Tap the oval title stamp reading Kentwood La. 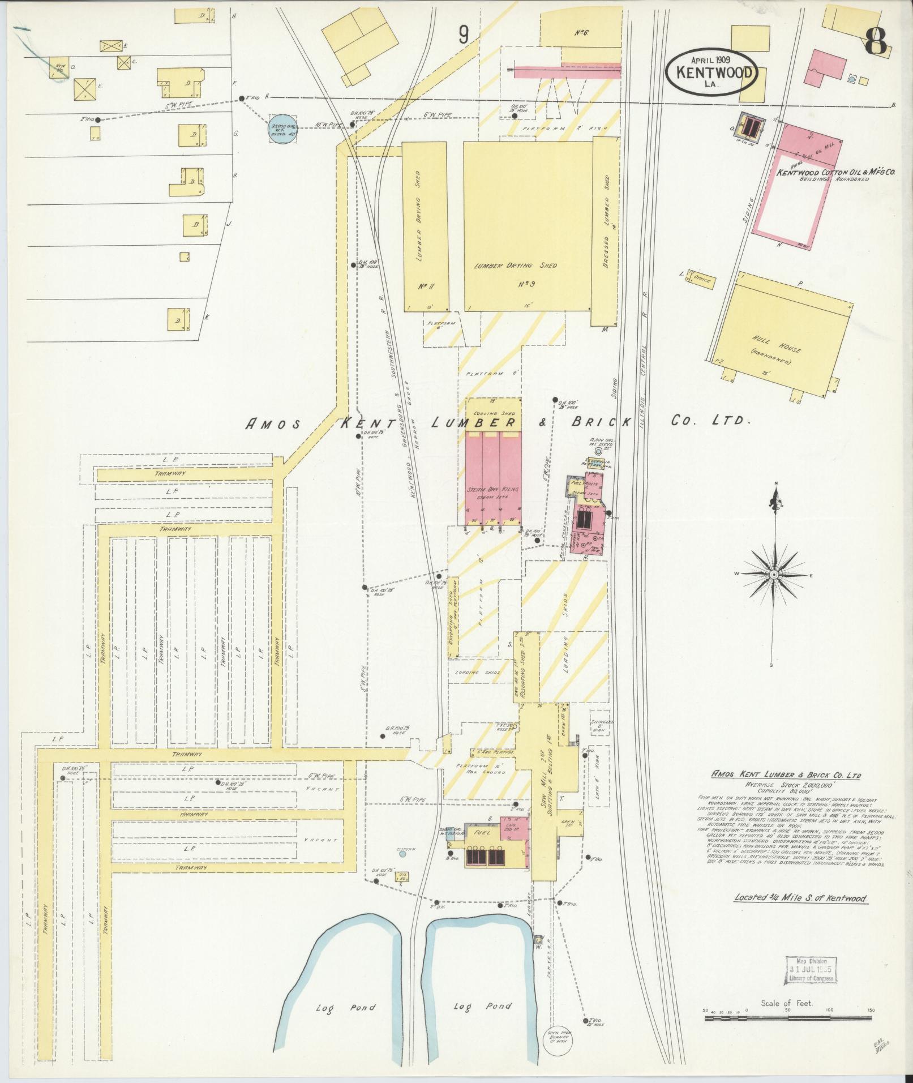click(712, 73)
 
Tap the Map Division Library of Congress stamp click(811, 971)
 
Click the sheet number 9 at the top click(464, 36)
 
